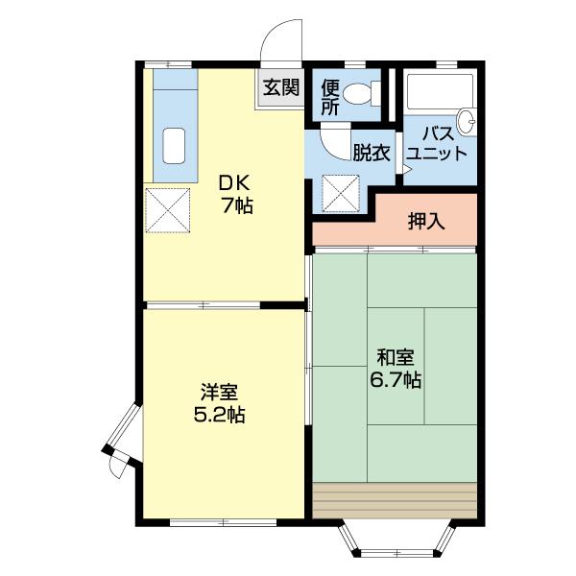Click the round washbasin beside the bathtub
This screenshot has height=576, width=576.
click(x=467, y=121)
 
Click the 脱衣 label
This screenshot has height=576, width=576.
click(x=370, y=153)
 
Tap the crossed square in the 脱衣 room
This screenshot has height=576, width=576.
click(x=341, y=191)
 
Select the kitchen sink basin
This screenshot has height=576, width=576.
click(x=175, y=146)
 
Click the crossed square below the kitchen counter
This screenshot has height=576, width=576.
click(x=168, y=209)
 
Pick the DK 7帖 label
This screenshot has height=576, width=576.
click(x=235, y=193)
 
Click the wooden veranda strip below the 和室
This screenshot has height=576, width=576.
click(x=395, y=499)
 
